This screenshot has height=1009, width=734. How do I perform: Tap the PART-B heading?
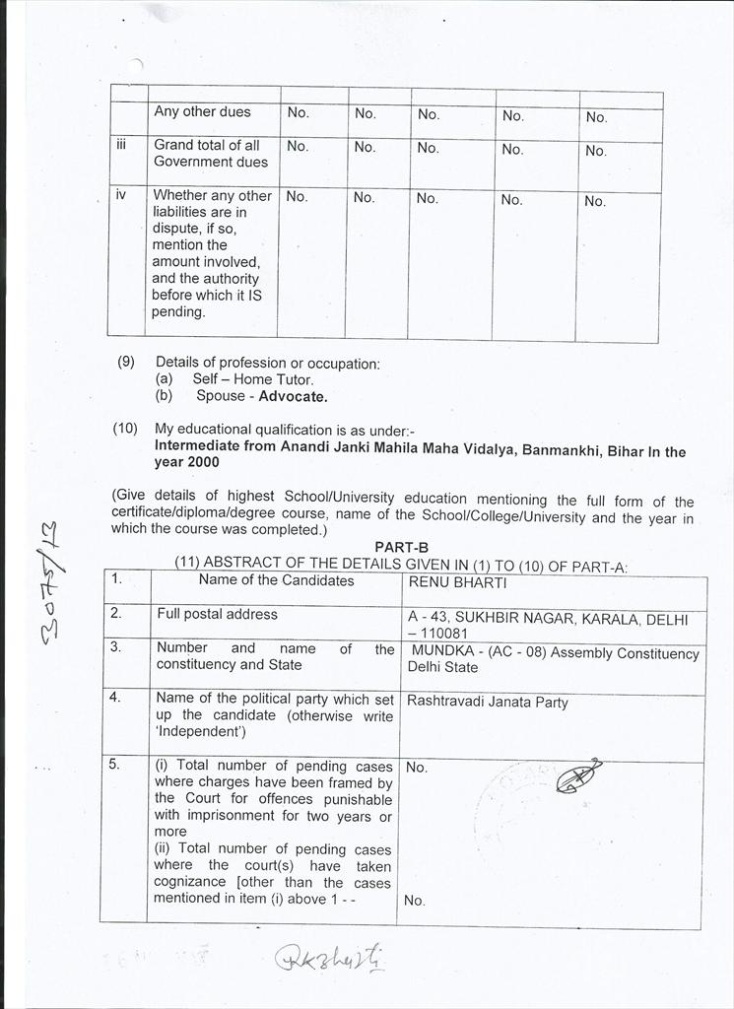coord(401,547)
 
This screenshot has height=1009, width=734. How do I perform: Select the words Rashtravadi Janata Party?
coord(488,703)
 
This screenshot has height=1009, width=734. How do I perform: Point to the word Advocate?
coord(293,396)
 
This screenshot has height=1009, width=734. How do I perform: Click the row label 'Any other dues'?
coord(202,112)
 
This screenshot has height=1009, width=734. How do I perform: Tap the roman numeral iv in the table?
coord(121,195)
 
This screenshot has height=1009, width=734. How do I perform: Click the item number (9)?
coord(126,362)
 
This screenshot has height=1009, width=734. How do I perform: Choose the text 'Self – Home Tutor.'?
coord(252,379)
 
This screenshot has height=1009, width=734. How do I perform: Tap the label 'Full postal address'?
coord(217,614)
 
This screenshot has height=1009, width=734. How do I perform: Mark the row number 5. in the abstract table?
coord(116,765)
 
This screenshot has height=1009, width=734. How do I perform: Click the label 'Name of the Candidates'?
coord(276,580)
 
